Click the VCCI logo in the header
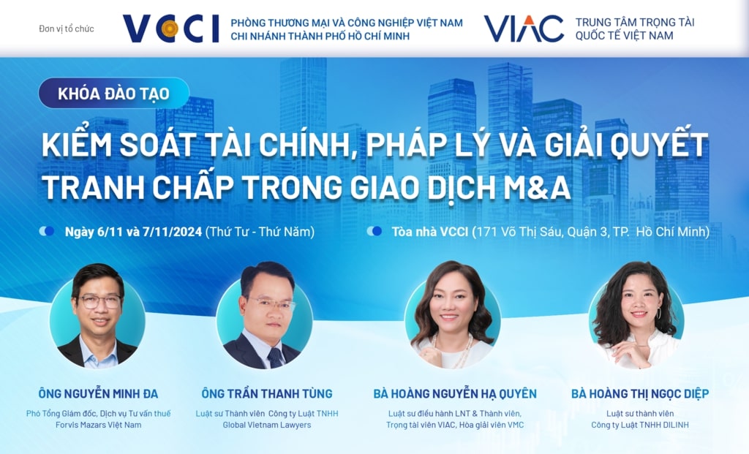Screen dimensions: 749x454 pos(170,29)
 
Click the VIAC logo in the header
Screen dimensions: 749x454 pos(524,29)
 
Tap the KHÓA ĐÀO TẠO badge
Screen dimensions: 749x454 pos(113,93)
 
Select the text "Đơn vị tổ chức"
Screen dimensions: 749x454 pos(67,29)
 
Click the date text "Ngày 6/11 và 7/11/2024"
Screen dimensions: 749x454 pos(133,232)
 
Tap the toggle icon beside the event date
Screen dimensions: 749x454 pos(47,232)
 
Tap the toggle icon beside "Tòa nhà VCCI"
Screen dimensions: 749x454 pos(374,232)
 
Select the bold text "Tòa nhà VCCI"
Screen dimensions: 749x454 pos(430,232)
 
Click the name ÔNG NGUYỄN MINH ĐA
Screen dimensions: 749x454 pos(98,394)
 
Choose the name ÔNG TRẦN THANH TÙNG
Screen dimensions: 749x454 pos(266,394)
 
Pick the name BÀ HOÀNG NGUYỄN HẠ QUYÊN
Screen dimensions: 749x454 pos(455,394)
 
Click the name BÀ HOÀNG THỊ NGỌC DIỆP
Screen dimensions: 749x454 pos(640,394)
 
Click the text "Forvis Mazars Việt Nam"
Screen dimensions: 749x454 pos(99,425)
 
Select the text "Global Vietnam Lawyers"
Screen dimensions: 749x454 pos(266,425)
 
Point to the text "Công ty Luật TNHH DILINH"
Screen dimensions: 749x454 pos(640,425)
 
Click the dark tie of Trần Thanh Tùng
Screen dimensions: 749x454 pos(275,357)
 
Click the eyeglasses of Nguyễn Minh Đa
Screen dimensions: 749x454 pos(99,302)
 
